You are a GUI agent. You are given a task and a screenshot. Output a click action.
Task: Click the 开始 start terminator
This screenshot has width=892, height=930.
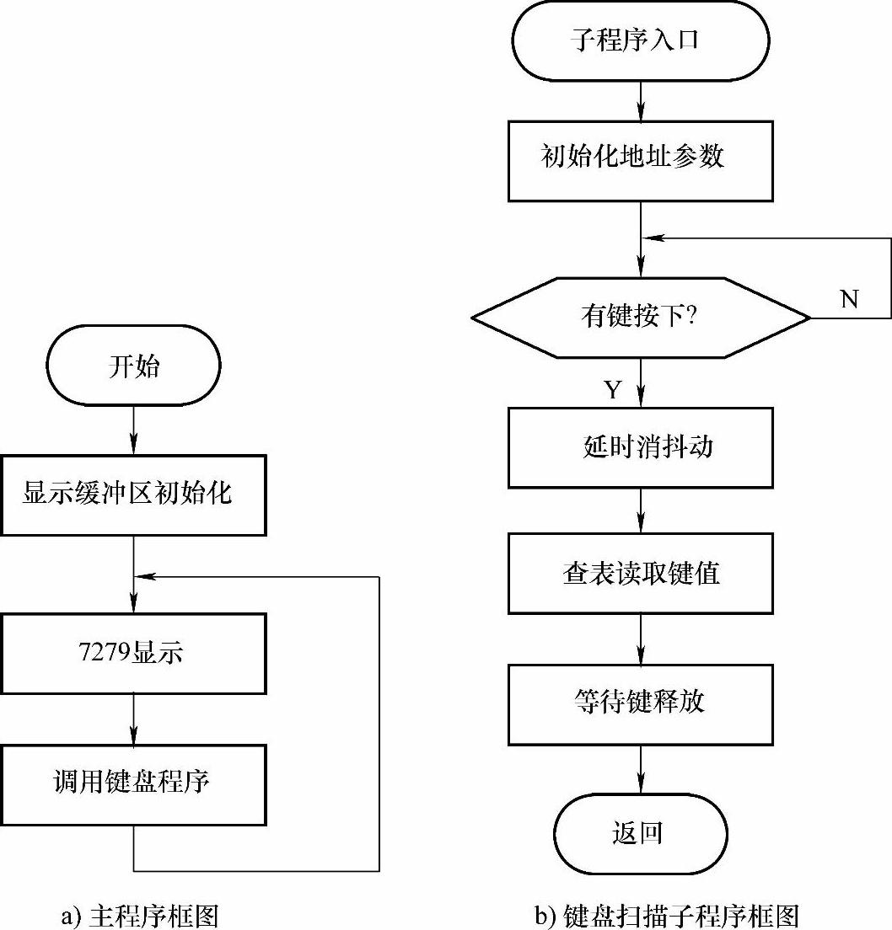pyautogui.click(x=134, y=366)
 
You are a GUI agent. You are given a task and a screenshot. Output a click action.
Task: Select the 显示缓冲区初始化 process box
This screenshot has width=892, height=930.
pyautogui.click(x=134, y=494)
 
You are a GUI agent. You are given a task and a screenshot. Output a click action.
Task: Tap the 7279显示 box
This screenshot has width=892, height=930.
pyautogui.click(x=134, y=653)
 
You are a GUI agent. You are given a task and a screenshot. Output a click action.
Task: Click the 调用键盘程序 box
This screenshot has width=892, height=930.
pyautogui.click(x=134, y=783)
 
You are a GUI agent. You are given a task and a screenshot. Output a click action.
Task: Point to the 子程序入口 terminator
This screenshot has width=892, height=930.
pyautogui.click(x=641, y=40)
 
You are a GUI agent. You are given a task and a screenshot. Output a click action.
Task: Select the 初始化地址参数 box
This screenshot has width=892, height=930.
pyautogui.click(x=641, y=159)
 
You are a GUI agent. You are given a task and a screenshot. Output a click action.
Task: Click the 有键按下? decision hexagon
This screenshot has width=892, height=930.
pyautogui.click(x=641, y=318)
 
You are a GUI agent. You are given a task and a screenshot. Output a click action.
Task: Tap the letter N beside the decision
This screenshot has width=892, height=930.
pyautogui.click(x=850, y=299)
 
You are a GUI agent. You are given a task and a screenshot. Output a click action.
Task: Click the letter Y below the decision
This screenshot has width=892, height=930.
pyautogui.click(x=613, y=389)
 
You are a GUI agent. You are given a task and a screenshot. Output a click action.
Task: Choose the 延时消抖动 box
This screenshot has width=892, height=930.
pyautogui.click(x=641, y=447)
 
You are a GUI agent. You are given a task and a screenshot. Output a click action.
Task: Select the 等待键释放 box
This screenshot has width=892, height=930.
pyautogui.click(x=641, y=703)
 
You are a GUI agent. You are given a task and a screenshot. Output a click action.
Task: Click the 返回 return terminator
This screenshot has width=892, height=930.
pyautogui.click(x=641, y=834)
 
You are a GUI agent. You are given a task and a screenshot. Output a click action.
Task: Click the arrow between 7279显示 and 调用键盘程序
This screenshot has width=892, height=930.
pyautogui.click(x=134, y=718)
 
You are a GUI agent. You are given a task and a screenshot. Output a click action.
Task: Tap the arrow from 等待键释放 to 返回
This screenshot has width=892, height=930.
pyautogui.click(x=641, y=769)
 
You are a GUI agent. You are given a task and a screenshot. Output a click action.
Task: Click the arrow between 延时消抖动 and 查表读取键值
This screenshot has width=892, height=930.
pyautogui.click(x=641, y=510)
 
